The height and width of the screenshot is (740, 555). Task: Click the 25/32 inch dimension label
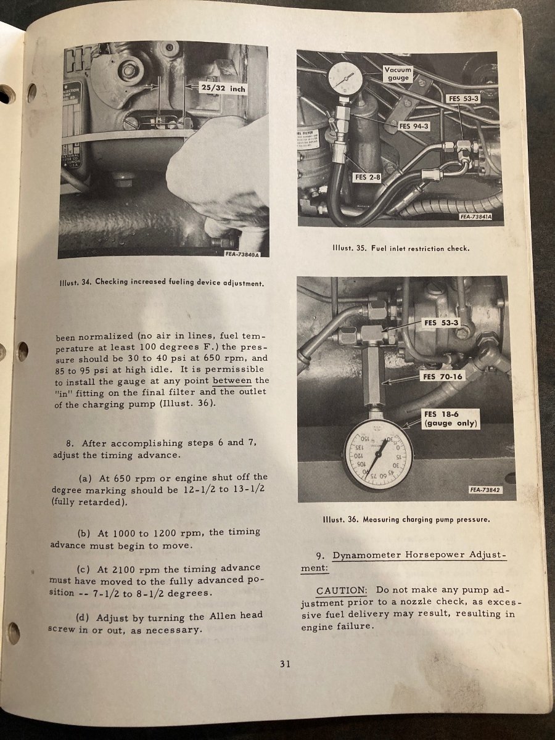point(223,89)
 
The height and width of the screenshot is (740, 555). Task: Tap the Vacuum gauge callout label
point(398,74)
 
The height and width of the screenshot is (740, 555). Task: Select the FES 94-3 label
point(413,126)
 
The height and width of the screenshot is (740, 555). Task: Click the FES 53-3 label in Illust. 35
point(462,99)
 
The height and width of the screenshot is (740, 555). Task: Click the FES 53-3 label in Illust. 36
point(438,323)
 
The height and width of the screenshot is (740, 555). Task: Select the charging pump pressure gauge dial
point(378,454)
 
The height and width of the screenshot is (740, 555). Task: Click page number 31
point(284,664)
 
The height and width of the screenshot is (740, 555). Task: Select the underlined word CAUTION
point(342,591)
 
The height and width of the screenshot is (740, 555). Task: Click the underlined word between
point(232,380)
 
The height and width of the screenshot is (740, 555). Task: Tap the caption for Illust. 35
point(401,249)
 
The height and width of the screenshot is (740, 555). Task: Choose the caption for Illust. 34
point(163,284)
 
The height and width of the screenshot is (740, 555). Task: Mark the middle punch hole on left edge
point(22,351)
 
